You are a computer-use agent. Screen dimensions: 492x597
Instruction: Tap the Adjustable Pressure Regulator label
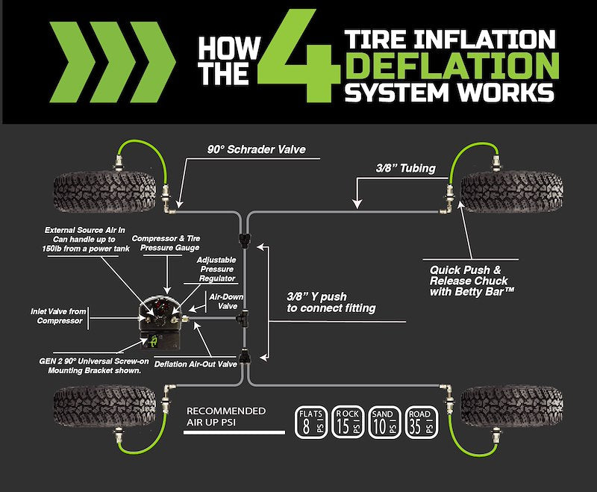[216, 269]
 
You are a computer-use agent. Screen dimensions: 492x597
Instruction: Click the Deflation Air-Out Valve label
[196, 364]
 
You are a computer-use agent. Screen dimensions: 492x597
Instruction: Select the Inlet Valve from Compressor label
[57, 316]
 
